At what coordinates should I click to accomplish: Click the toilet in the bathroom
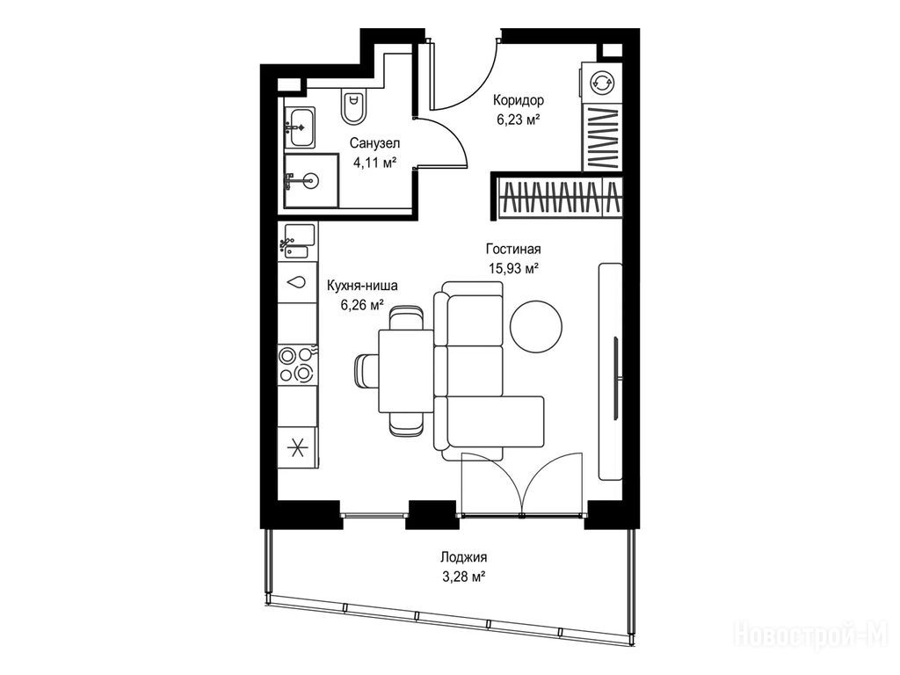tap(354, 107)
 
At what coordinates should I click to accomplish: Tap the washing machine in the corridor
tap(600, 83)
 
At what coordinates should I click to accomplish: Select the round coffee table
tap(537, 327)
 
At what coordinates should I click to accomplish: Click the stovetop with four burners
tap(297, 365)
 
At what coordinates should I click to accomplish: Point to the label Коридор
tap(519, 100)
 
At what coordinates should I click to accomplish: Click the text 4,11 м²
tap(374, 163)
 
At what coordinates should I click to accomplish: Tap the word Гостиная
tap(513, 249)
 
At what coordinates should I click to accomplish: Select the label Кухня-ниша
tap(362, 286)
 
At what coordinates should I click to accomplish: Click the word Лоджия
tap(464, 556)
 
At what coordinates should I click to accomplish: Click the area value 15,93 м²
tap(513, 268)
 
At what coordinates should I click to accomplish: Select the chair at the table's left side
tap(367, 372)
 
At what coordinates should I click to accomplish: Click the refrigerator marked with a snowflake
tap(297, 447)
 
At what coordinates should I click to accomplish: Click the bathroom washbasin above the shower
tap(300, 127)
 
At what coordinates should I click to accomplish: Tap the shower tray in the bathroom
tap(310, 180)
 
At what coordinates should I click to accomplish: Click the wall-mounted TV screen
tap(616, 378)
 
